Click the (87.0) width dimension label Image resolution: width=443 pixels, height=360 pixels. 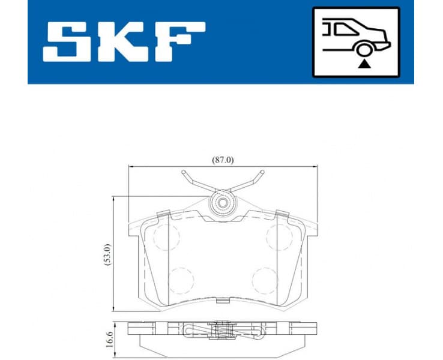click(221, 160)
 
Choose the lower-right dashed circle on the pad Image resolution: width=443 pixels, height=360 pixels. click(264, 279)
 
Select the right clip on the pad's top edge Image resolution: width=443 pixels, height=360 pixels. click(281, 214)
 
